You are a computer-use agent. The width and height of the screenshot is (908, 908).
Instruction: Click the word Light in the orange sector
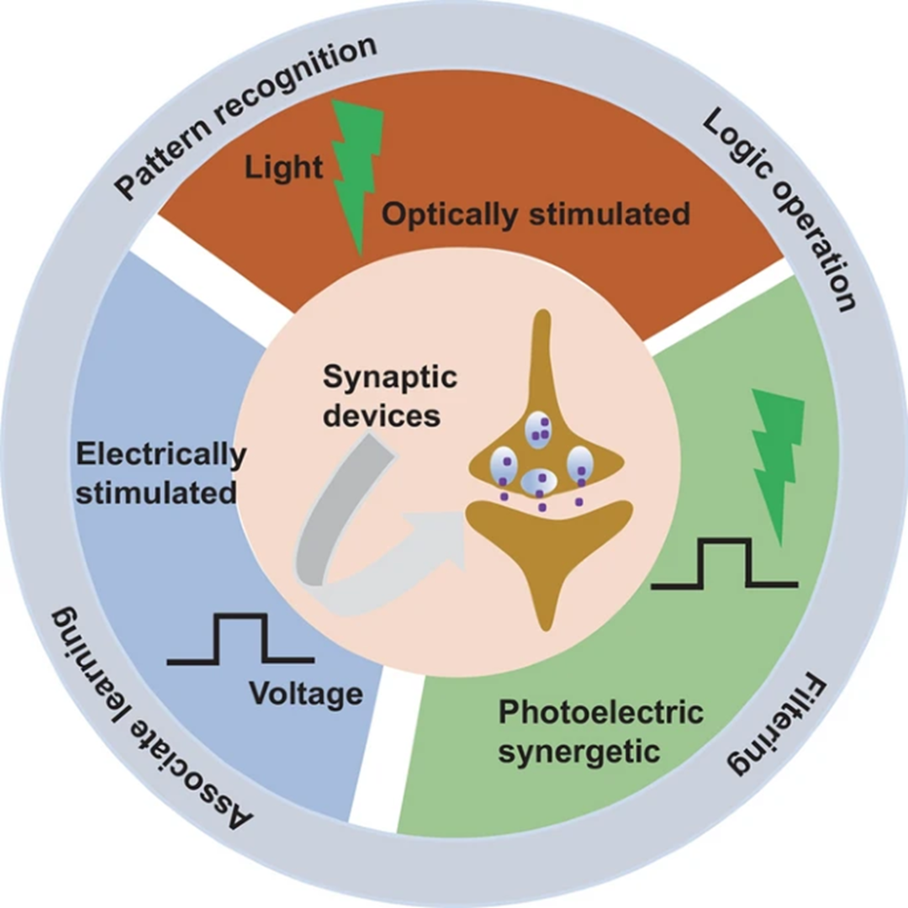pos(283,168)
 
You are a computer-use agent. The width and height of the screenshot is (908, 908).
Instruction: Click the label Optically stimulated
pos(536,214)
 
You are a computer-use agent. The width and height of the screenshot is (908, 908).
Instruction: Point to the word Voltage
pos(306,694)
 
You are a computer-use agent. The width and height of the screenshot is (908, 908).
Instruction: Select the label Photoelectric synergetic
pos(600,732)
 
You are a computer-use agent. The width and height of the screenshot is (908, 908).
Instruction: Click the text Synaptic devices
pos(390,396)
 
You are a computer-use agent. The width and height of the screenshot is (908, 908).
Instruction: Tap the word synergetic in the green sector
pos(579,751)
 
